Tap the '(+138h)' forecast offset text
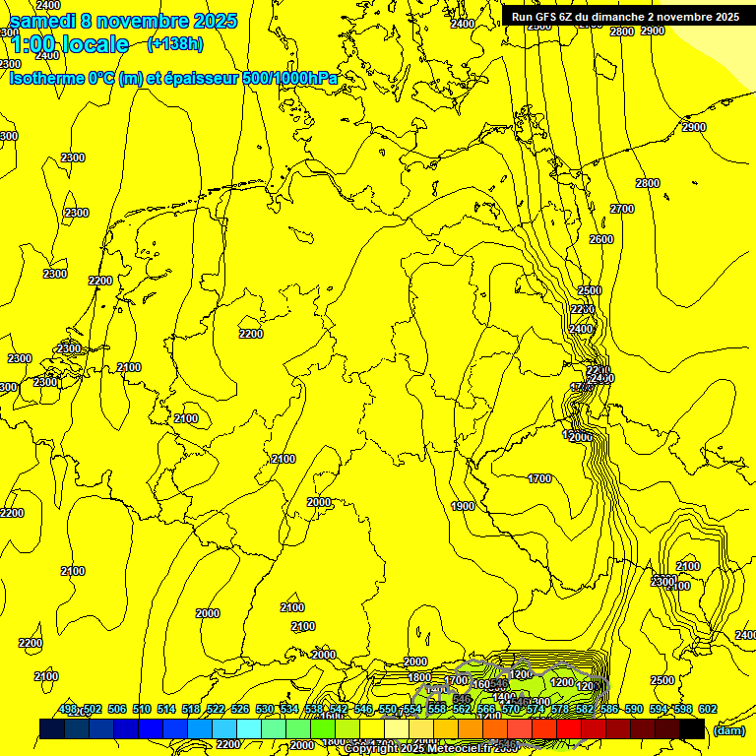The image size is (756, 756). (x=174, y=43)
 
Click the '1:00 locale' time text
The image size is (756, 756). (x=69, y=44)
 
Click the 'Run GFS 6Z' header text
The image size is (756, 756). (x=541, y=17)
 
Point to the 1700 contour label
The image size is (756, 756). (x=539, y=478)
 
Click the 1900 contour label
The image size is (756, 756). (x=463, y=506)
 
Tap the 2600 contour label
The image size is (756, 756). (x=600, y=239)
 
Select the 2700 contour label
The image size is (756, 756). (x=622, y=209)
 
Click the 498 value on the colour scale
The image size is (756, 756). (x=68, y=709)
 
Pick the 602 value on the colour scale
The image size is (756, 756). (x=707, y=709)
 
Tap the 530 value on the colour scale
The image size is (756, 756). (x=265, y=709)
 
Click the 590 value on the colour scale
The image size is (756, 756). (x=634, y=709)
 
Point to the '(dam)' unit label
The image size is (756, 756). (x=728, y=730)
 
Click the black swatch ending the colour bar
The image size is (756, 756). (x=692, y=728)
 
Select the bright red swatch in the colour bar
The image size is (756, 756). (x=569, y=728)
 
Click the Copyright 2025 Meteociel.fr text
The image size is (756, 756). (x=418, y=749)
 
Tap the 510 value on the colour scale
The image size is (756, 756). (x=142, y=709)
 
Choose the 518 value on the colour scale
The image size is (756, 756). (x=191, y=709)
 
